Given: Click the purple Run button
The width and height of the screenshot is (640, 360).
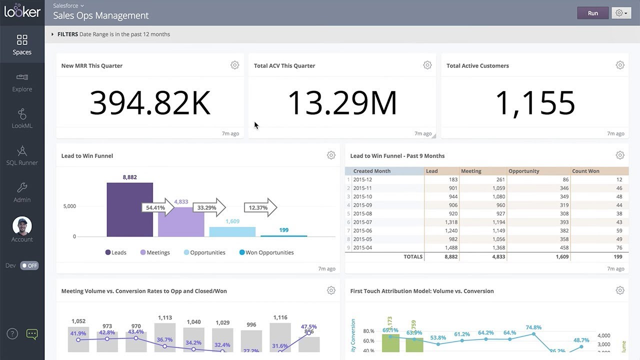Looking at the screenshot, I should click(592, 13).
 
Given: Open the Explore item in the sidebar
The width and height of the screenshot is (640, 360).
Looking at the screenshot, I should click(22, 82).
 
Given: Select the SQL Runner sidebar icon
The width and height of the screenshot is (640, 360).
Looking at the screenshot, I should click(22, 151).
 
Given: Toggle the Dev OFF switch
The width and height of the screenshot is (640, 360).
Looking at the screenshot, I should click(29, 265).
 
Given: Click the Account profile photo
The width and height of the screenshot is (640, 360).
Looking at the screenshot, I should click(22, 226).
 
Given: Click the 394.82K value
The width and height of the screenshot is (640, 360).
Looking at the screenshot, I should click(150, 102).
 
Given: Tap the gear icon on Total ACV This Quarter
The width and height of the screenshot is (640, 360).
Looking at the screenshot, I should click(427, 65).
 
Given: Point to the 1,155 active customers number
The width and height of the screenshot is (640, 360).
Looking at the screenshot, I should click(534, 102).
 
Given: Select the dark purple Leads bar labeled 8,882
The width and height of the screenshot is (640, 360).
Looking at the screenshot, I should click(129, 209).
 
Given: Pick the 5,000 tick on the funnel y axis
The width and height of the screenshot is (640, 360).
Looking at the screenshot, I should click(69, 206).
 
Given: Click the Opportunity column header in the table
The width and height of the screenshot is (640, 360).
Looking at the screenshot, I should click(523, 171).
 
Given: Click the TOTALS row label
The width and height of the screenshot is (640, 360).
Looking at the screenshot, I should click(412, 256).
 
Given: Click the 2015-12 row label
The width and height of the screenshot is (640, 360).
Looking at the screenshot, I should click(362, 179).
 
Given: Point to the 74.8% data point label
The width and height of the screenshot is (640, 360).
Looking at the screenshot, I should click(534, 327).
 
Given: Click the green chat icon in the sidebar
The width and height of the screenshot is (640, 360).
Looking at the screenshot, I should click(31, 334).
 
